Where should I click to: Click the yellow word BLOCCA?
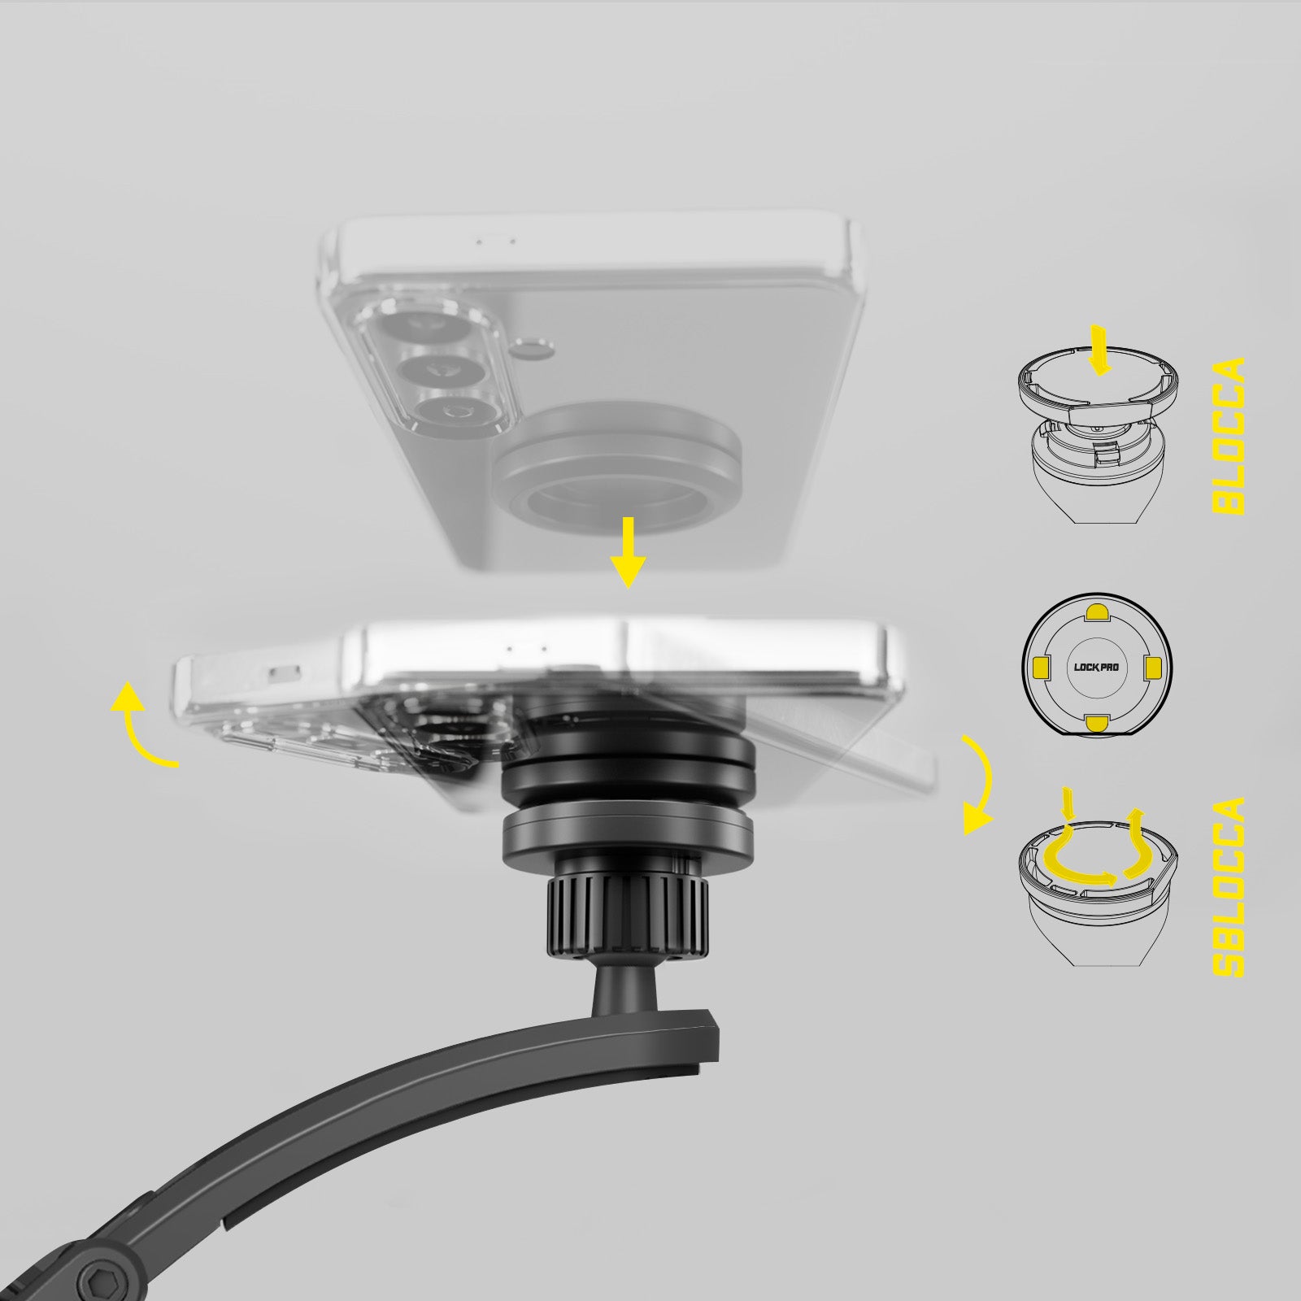[1229, 436]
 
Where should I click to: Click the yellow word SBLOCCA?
[1229, 887]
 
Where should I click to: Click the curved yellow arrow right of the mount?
[982, 785]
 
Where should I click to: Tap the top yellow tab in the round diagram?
[1096, 611]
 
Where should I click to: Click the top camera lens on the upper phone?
[426, 329]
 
